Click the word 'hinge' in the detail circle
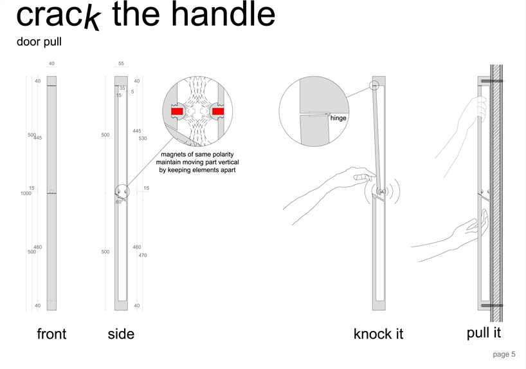[x=338, y=118]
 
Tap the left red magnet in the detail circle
[x=177, y=111]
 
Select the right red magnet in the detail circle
[x=218, y=111]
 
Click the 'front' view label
[x=51, y=334]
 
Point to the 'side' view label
[x=121, y=334]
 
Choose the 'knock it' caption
[x=378, y=334]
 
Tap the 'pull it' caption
[x=484, y=333]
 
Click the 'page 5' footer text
[x=504, y=354]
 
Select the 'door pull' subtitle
[x=39, y=42]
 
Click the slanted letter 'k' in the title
[x=92, y=19]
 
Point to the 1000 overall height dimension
[x=26, y=193]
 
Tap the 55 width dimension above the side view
[x=121, y=63]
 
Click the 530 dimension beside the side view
[x=143, y=138]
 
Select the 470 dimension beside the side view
[x=143, y=255]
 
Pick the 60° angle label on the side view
[x=119, y=202]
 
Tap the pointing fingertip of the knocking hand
[x=374, y=175]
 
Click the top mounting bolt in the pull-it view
[x=492, y=81]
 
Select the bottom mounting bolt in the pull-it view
[x=492, y=305]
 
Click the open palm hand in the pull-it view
[x=476, y=226]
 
